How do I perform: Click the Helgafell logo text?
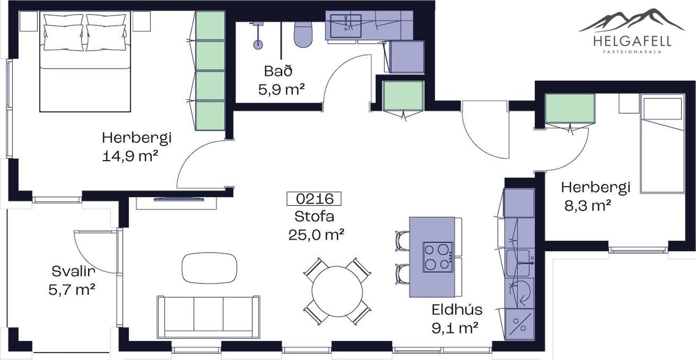coord(632,41)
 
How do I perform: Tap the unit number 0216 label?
coord(314,199)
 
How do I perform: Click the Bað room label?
coord(278,71)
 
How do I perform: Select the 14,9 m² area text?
coord(130,156)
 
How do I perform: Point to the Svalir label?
coord(73,271)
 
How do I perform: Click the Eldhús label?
coord(457,310)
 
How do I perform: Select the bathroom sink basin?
coord(346,26)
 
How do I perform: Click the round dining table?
coord(337,291)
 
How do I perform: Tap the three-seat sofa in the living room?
coord(209,317)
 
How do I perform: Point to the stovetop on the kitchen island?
coord(438,257)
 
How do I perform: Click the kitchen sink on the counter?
coord(518,263)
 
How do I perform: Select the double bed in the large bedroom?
coord(85,61)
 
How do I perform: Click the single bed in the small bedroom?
coord(662,143)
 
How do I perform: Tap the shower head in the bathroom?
coord(258,44)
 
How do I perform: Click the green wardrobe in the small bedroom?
coord(570,108)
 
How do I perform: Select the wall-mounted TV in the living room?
coord(179,199)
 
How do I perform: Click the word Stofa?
coord(314,216)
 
